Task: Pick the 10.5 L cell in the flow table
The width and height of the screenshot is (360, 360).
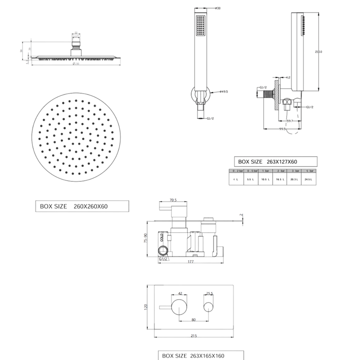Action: pyautogui.click(x=266, y=179)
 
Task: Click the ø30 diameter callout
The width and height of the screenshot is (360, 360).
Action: pyautogui.click(x=217, y=9)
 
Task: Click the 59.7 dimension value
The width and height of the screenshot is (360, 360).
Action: pyautogui.click(x=290, y=121)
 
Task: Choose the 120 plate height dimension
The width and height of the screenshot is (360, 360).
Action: pyautogui.click(x=145, y=307)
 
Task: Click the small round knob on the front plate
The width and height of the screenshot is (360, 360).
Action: pyautogui.click(x=208, y=307)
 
